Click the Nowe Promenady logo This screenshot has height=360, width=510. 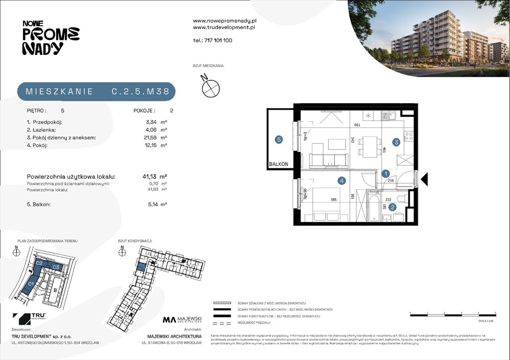click(51, 38)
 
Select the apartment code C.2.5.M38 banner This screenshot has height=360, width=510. click(96, 92)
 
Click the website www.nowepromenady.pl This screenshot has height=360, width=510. click(224, 21)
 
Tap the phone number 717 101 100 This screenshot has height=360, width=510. click(218, 40)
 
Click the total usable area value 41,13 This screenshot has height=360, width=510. click(149, 176)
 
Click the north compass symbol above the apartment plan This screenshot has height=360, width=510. click(210, 87)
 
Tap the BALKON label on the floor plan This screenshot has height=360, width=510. click(279, 165)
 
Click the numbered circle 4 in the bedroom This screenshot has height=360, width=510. click(342, 180)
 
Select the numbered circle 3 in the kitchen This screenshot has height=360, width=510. click(396, 142)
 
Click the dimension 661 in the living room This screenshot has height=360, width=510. click(357, 125)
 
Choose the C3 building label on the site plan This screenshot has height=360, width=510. click(56, 267)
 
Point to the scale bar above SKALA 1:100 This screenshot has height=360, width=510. click(452, 312)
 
